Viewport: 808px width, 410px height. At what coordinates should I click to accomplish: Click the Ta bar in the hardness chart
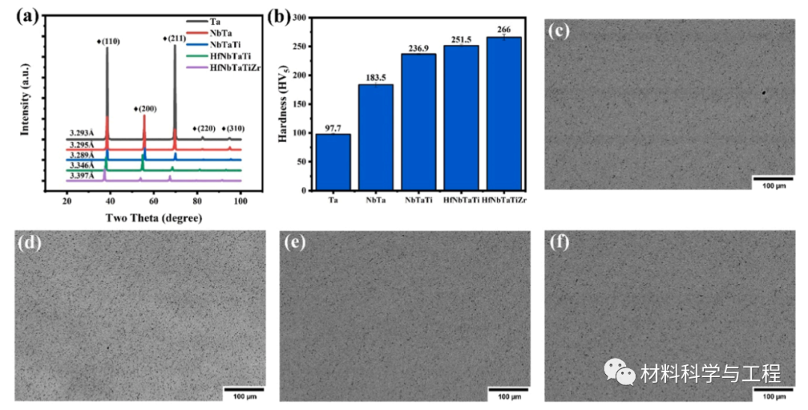point(333,162)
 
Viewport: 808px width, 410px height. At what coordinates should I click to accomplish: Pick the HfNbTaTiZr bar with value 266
point(503,113)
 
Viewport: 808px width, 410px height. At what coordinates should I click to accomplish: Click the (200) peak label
point(145,109)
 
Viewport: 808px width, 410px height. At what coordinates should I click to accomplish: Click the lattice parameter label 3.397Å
point(82,176)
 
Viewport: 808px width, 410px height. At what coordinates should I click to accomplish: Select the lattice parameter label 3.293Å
point(82,135)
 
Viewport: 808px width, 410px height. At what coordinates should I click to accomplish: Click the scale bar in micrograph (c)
point(772,179)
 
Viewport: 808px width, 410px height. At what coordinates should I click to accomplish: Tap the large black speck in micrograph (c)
point(764,94)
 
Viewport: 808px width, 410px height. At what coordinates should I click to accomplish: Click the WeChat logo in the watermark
point(619,371)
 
